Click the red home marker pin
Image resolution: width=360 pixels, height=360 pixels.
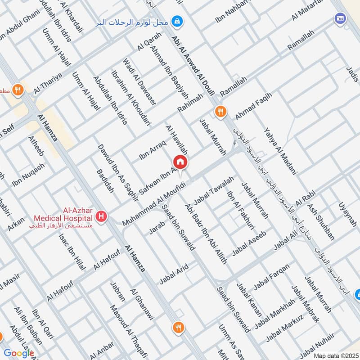180,162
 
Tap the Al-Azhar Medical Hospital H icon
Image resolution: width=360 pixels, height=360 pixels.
102,216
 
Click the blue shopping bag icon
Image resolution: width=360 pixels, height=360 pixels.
178,21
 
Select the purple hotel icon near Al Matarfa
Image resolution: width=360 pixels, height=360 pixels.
339,18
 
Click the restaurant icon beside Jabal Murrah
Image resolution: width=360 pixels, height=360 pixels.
220,112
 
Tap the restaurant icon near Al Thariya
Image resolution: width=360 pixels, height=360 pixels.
18,89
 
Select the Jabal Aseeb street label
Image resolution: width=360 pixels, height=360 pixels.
250,243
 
